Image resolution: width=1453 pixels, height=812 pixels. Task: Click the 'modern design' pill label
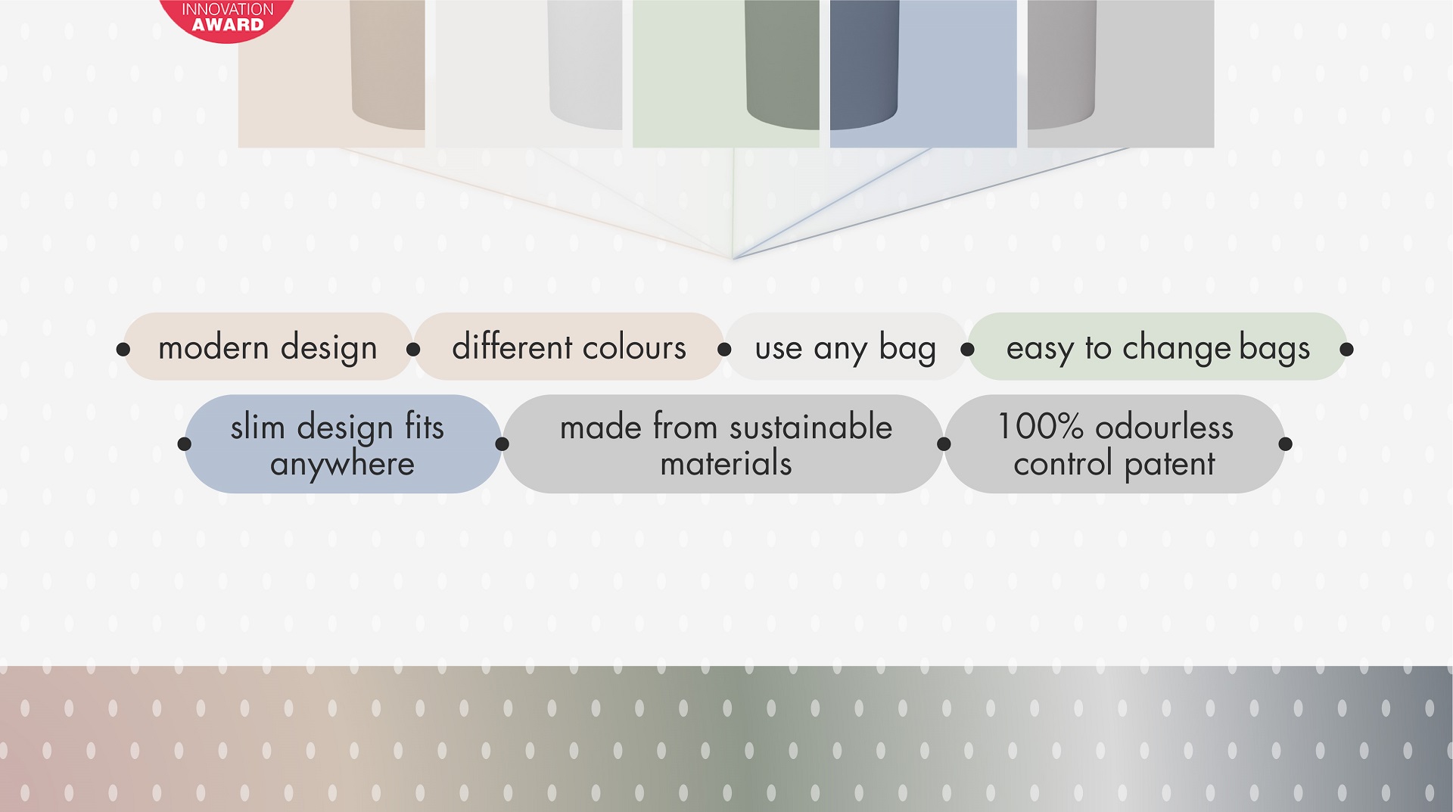[268, 347]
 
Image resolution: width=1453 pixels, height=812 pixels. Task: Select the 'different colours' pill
[569, 347]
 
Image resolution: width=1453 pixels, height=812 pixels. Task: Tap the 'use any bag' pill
[845, 347]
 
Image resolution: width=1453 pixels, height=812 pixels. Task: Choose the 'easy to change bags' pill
[1158, 347]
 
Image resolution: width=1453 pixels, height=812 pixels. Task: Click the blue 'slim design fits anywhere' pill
[343, 444]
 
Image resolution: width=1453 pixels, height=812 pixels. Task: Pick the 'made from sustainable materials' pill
[723, 444]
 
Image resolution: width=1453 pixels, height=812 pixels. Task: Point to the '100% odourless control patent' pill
[1115, 444]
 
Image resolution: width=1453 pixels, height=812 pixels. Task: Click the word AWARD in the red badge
[228, 25]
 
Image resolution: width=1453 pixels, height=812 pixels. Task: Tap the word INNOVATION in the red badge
[228, 8]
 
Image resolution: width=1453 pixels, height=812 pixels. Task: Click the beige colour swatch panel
[331, 73]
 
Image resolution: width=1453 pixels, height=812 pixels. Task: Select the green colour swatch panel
[726, 73]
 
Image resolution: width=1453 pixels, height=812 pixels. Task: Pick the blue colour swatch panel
[923, 73]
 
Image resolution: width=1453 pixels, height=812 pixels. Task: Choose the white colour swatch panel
[529, 73]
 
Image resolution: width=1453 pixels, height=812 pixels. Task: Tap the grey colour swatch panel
[1121, 73]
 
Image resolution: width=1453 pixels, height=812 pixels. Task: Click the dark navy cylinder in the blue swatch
[864, 64]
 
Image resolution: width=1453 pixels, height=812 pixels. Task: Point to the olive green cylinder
[782, 64]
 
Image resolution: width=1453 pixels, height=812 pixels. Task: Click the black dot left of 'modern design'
[123, 349]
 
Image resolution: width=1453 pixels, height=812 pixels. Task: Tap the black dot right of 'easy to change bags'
[1346, 349]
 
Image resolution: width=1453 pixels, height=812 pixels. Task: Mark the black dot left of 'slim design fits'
[184, 443]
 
